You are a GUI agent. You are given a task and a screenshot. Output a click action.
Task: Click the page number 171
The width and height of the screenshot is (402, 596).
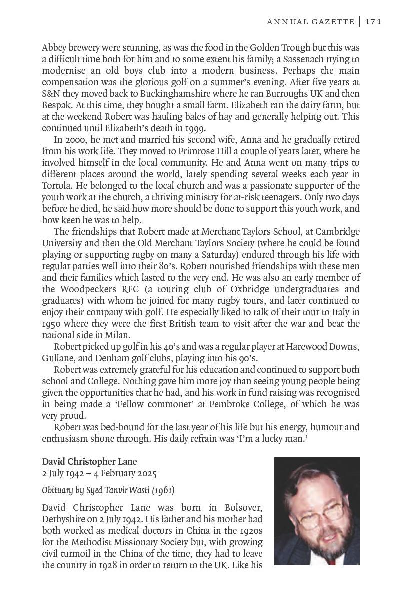(373, 21)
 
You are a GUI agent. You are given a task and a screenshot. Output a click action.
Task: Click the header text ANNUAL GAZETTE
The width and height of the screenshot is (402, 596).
(311, 21)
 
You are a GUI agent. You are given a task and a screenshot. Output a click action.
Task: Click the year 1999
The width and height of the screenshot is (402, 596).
(195, 129)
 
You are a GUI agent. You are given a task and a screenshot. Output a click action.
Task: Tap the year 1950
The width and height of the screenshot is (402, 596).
(52, 324)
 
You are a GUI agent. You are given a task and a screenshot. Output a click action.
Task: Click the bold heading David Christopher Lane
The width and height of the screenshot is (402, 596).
(89, 462)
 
